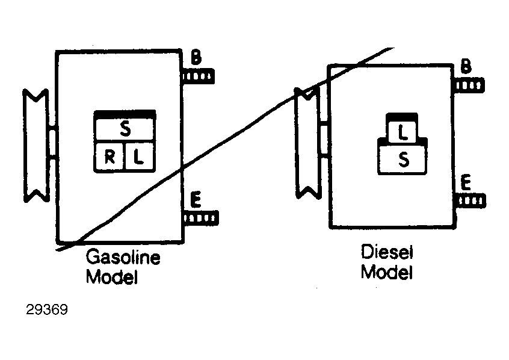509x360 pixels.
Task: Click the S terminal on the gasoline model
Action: [x=125, y=129]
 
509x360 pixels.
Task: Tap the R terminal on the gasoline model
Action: [x=110, y=157]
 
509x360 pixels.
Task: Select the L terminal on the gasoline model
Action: [x=139, y=157]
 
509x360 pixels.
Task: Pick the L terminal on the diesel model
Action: [x=402, y=132]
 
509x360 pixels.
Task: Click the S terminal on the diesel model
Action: [x=403, y=160]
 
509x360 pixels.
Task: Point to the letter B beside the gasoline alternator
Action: [x=196, y=57]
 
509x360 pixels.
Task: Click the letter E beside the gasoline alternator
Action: [x=196, y=199]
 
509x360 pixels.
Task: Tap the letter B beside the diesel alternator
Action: [x=466, y=66]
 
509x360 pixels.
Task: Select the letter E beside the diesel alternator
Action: [x=466, y=182]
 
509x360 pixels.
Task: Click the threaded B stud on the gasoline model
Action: [x=198, y=76]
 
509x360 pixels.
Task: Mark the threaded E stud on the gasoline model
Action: [x=200, y=218]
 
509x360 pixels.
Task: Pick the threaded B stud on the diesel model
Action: [x=469, y=85]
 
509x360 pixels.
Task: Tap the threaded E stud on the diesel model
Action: [x=470, y=200]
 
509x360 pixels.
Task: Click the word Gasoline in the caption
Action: [x=123, y=257]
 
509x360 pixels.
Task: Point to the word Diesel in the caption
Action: [x=387, y=252]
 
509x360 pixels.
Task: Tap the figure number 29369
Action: [x=47, y=309]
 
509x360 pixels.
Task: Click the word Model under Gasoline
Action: [x=112, y=277]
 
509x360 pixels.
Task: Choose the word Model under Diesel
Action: [x=387, y=272]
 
